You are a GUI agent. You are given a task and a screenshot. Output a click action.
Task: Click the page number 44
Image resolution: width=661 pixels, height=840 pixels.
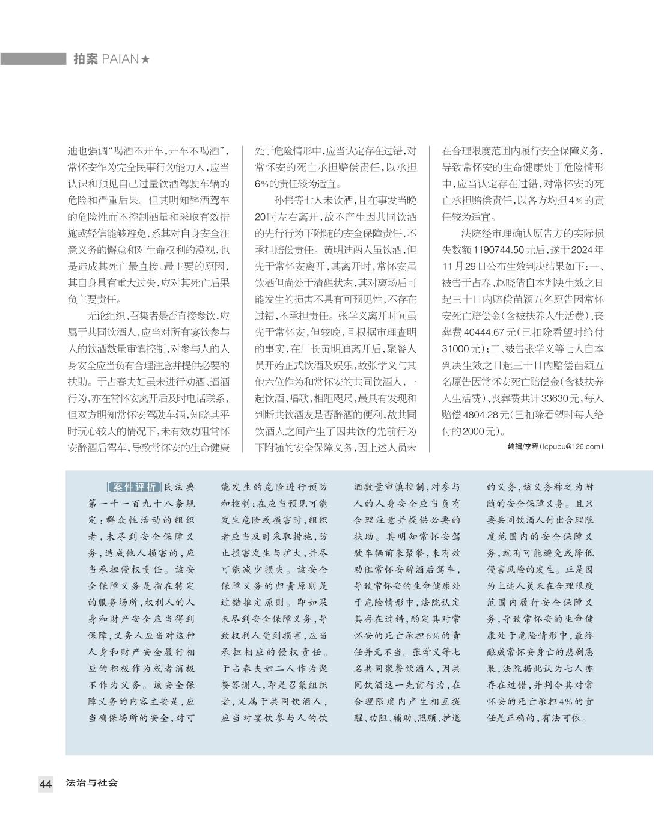pos(46,784)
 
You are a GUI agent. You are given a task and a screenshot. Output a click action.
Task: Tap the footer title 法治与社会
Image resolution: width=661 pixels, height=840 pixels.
pos(92,783)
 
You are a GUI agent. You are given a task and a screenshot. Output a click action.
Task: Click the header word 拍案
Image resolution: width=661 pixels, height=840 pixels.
pos(85,59)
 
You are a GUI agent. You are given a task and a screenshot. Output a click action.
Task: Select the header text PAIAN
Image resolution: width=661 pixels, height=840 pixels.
pos(120,59)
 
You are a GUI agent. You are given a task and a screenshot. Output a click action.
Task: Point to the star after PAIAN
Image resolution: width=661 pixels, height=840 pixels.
pos(145,59)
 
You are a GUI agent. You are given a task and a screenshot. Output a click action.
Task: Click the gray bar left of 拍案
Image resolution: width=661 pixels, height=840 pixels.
pos(33,59)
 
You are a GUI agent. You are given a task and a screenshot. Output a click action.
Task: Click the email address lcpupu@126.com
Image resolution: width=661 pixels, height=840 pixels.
pos(570,446)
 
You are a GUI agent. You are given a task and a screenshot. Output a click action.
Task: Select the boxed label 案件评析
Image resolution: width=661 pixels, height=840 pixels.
pos(134,487)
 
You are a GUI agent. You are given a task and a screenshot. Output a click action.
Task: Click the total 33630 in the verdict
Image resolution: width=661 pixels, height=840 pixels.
pos(540,398)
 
